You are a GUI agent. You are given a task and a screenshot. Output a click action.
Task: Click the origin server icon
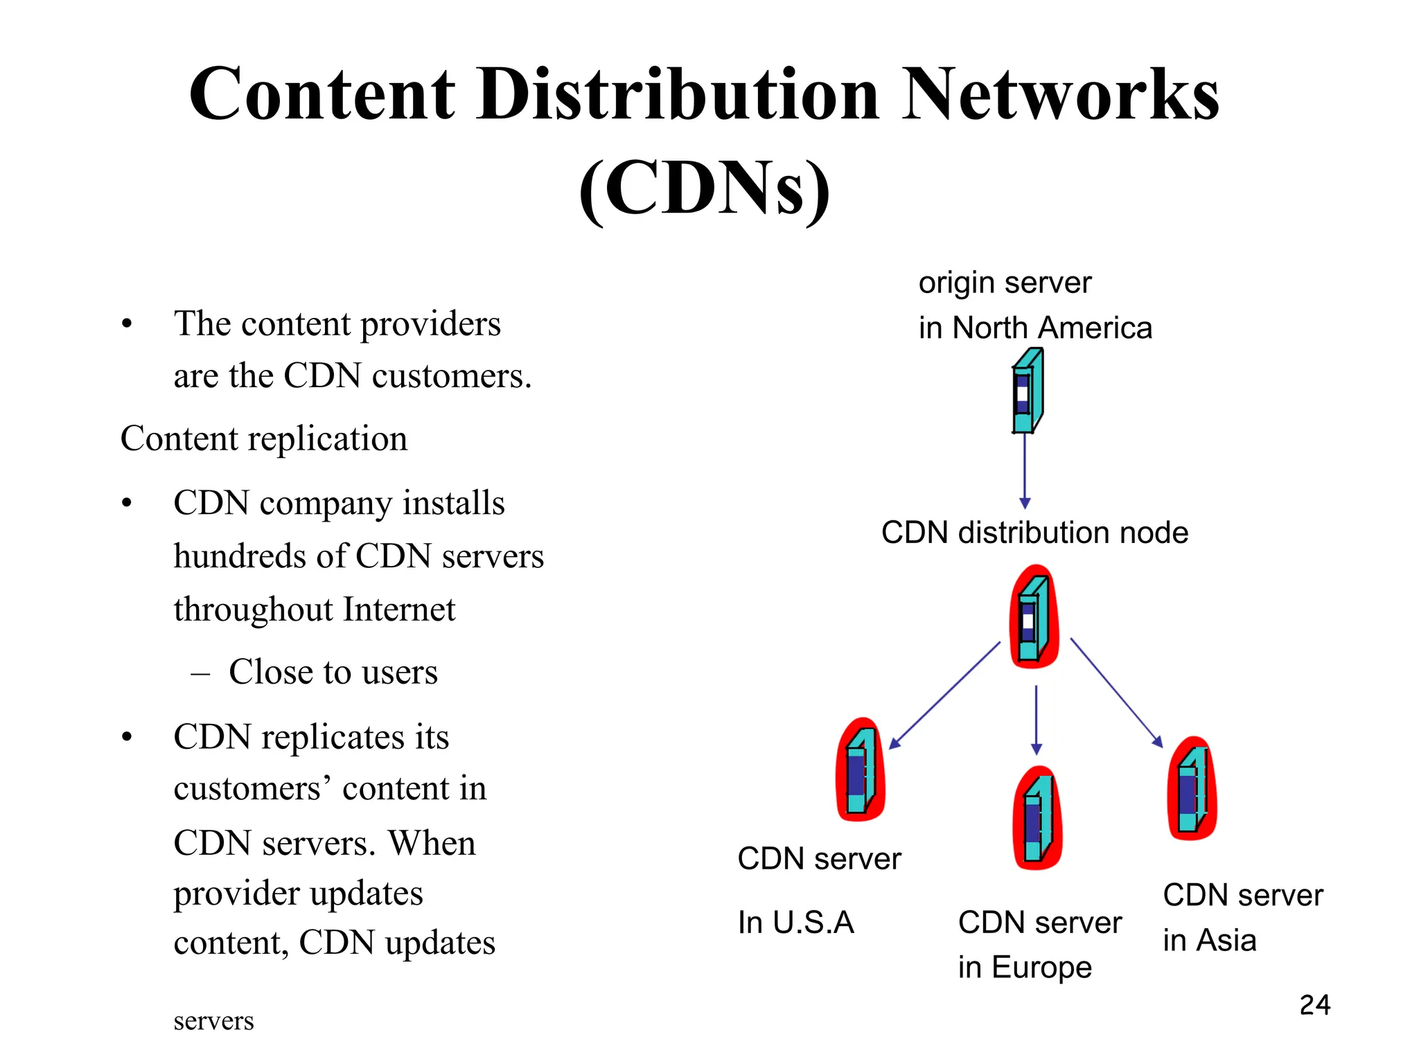1028,391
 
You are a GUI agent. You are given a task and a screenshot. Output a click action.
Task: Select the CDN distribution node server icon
1033,617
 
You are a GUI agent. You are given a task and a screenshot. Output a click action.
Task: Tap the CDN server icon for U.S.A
861,770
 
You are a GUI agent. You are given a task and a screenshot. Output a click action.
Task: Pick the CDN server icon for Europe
1037,818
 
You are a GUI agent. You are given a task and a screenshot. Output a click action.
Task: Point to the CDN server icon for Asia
1192,788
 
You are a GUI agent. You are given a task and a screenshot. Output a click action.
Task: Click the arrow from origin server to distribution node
1025,471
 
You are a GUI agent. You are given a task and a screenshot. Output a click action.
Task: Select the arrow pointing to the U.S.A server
944,695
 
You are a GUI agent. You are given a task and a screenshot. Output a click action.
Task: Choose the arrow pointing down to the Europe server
1036,720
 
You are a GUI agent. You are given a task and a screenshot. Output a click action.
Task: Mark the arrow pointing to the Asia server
1117,693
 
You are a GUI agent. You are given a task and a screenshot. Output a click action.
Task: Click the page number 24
1314,1005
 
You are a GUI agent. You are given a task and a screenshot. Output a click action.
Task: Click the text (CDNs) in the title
704,188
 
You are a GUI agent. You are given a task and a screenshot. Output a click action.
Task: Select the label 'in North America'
1035,328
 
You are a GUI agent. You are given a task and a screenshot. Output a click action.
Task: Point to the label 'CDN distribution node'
1034,533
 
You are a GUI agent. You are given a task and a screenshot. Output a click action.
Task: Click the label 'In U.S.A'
795,923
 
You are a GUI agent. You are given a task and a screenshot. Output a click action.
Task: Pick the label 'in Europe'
1024,967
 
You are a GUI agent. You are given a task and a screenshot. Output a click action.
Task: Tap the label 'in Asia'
1209,940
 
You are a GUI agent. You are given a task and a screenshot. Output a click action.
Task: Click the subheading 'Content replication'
264,438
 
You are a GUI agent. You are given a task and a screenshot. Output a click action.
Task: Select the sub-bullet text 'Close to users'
333,672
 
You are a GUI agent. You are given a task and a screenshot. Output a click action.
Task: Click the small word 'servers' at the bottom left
213,1021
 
